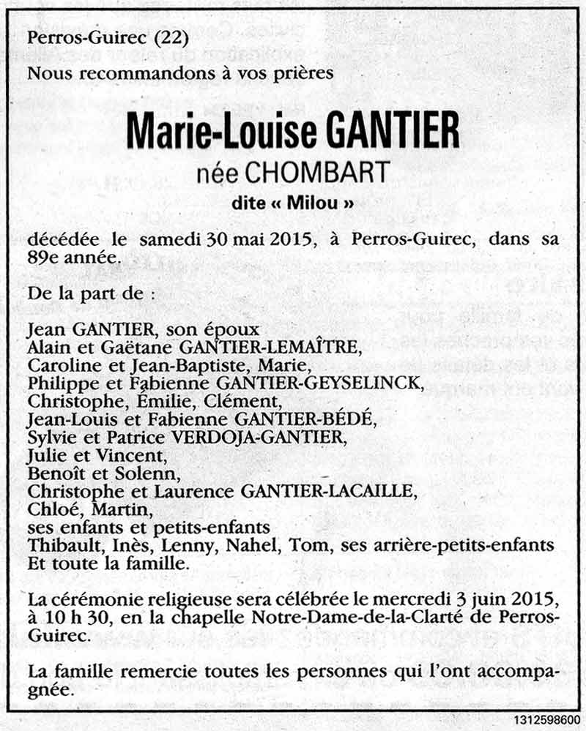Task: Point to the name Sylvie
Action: pyautogui.click(x=50, y=437)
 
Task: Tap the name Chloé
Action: pyautogui.click(x=49, y=507)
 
